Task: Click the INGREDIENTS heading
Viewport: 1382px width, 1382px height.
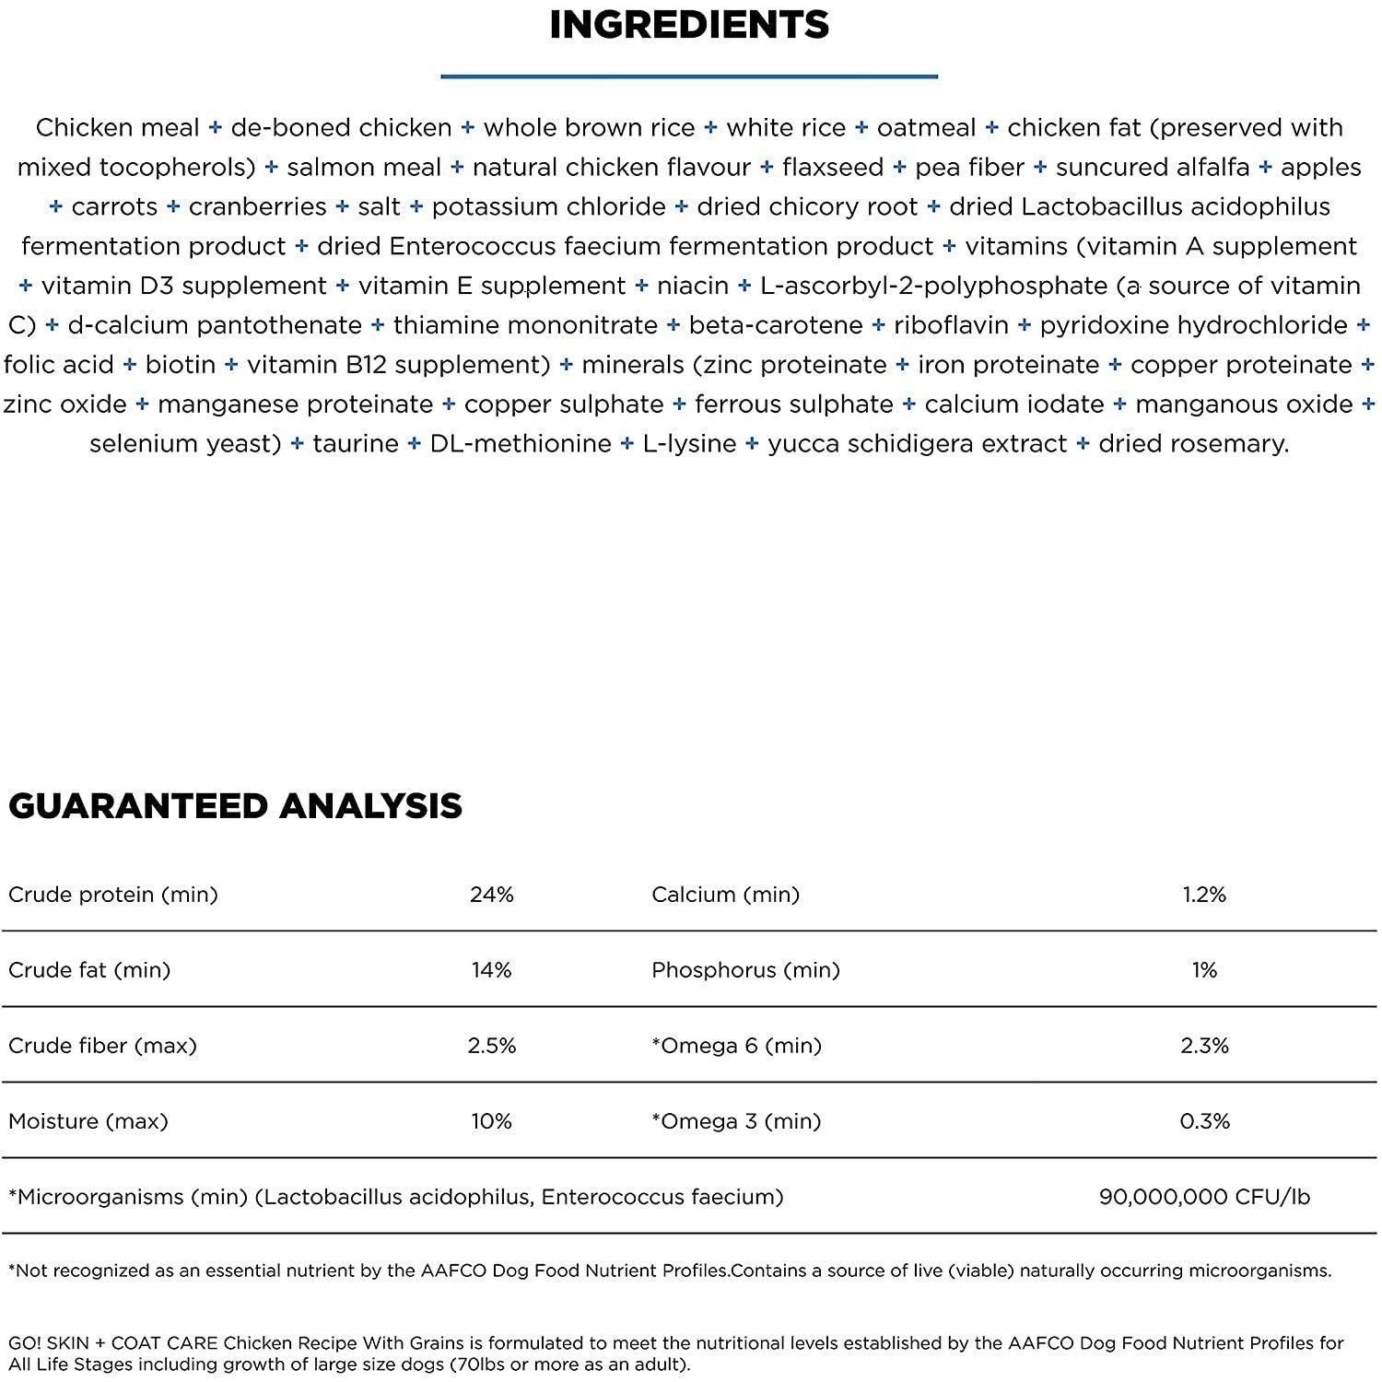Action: coord(689,25)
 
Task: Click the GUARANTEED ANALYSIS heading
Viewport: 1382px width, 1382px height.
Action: coord(235,806)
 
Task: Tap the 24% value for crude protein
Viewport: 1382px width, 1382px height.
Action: coord(491,895)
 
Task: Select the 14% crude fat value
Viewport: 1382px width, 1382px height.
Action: coord(491,970)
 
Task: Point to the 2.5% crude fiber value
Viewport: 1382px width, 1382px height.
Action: coord(491,1046)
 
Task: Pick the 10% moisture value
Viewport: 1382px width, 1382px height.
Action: coord(491,1121)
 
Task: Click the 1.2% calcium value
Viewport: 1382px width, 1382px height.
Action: coord(1204,895)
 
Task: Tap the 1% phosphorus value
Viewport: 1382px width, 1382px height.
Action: coord(1204,970)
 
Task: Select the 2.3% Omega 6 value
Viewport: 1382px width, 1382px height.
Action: coord(1204,1046)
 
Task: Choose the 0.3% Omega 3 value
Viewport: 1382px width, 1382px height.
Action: coord(1204,1121)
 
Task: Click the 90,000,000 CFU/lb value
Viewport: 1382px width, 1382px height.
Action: coord(1204,1197)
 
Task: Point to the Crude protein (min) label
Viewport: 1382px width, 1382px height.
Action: coord(112,895)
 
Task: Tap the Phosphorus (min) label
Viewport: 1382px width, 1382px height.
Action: coord(745,970)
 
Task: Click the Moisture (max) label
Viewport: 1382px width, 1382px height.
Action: coord(88,1121)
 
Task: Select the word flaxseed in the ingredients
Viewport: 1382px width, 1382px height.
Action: coord(832,168)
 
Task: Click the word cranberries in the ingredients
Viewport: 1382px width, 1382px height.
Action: coord(257,207)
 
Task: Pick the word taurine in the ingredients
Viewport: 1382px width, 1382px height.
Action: coord(356,444)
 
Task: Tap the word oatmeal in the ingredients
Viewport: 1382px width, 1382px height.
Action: coord(926,128)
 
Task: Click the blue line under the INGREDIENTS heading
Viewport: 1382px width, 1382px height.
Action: coord(689,76)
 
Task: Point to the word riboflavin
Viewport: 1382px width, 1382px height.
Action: coord(951,325)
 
